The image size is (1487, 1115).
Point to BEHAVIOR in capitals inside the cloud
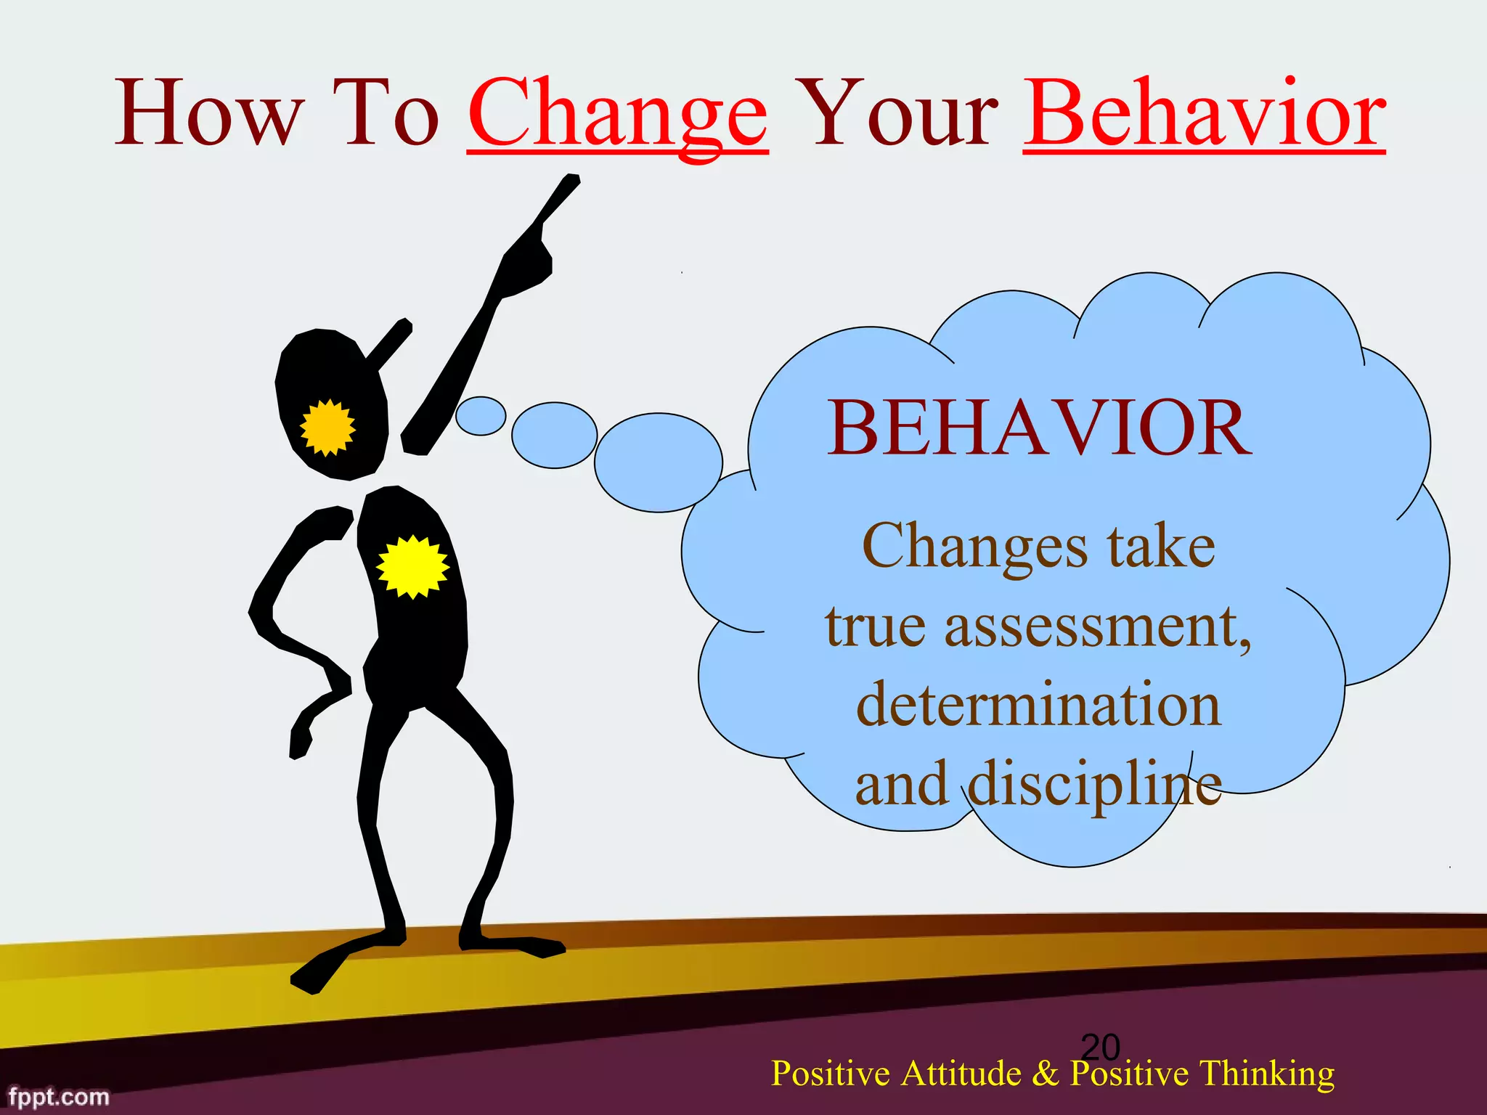(x=1040, y=430)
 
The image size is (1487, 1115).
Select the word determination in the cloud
(x=1038, y=706)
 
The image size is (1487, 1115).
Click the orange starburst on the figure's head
(x=328, y=428)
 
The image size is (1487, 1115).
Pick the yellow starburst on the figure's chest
(x=412, y=567)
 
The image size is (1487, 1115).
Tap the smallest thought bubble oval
(x=481, y=416)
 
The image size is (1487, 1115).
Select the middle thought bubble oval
(x=554, y=436)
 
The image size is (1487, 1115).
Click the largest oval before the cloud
(x=658, y=462)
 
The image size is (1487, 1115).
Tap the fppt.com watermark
(x=59, y=1097)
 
